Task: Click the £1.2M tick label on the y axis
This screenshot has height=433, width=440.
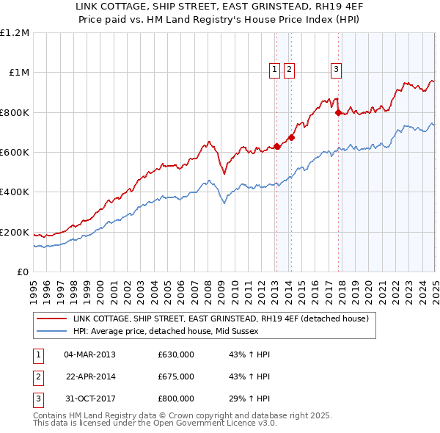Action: click(15, 33)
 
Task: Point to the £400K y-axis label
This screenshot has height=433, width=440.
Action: click(15, 192)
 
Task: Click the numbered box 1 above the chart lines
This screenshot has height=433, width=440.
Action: click(274, 70)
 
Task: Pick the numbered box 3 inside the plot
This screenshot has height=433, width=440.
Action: click(336, 70)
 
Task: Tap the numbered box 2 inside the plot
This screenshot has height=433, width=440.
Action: click(289, 70)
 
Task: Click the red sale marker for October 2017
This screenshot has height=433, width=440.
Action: click(338, 113)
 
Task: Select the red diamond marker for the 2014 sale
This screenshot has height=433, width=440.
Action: click(291, 137)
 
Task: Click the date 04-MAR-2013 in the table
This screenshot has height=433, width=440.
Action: click(90, 354)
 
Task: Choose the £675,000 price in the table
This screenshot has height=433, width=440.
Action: click(176, 376)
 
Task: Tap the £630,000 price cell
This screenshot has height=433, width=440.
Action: click(176, 354)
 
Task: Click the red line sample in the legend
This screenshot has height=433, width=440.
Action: click(51, 319)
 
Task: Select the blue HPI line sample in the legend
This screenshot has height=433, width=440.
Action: click(51, 331)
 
